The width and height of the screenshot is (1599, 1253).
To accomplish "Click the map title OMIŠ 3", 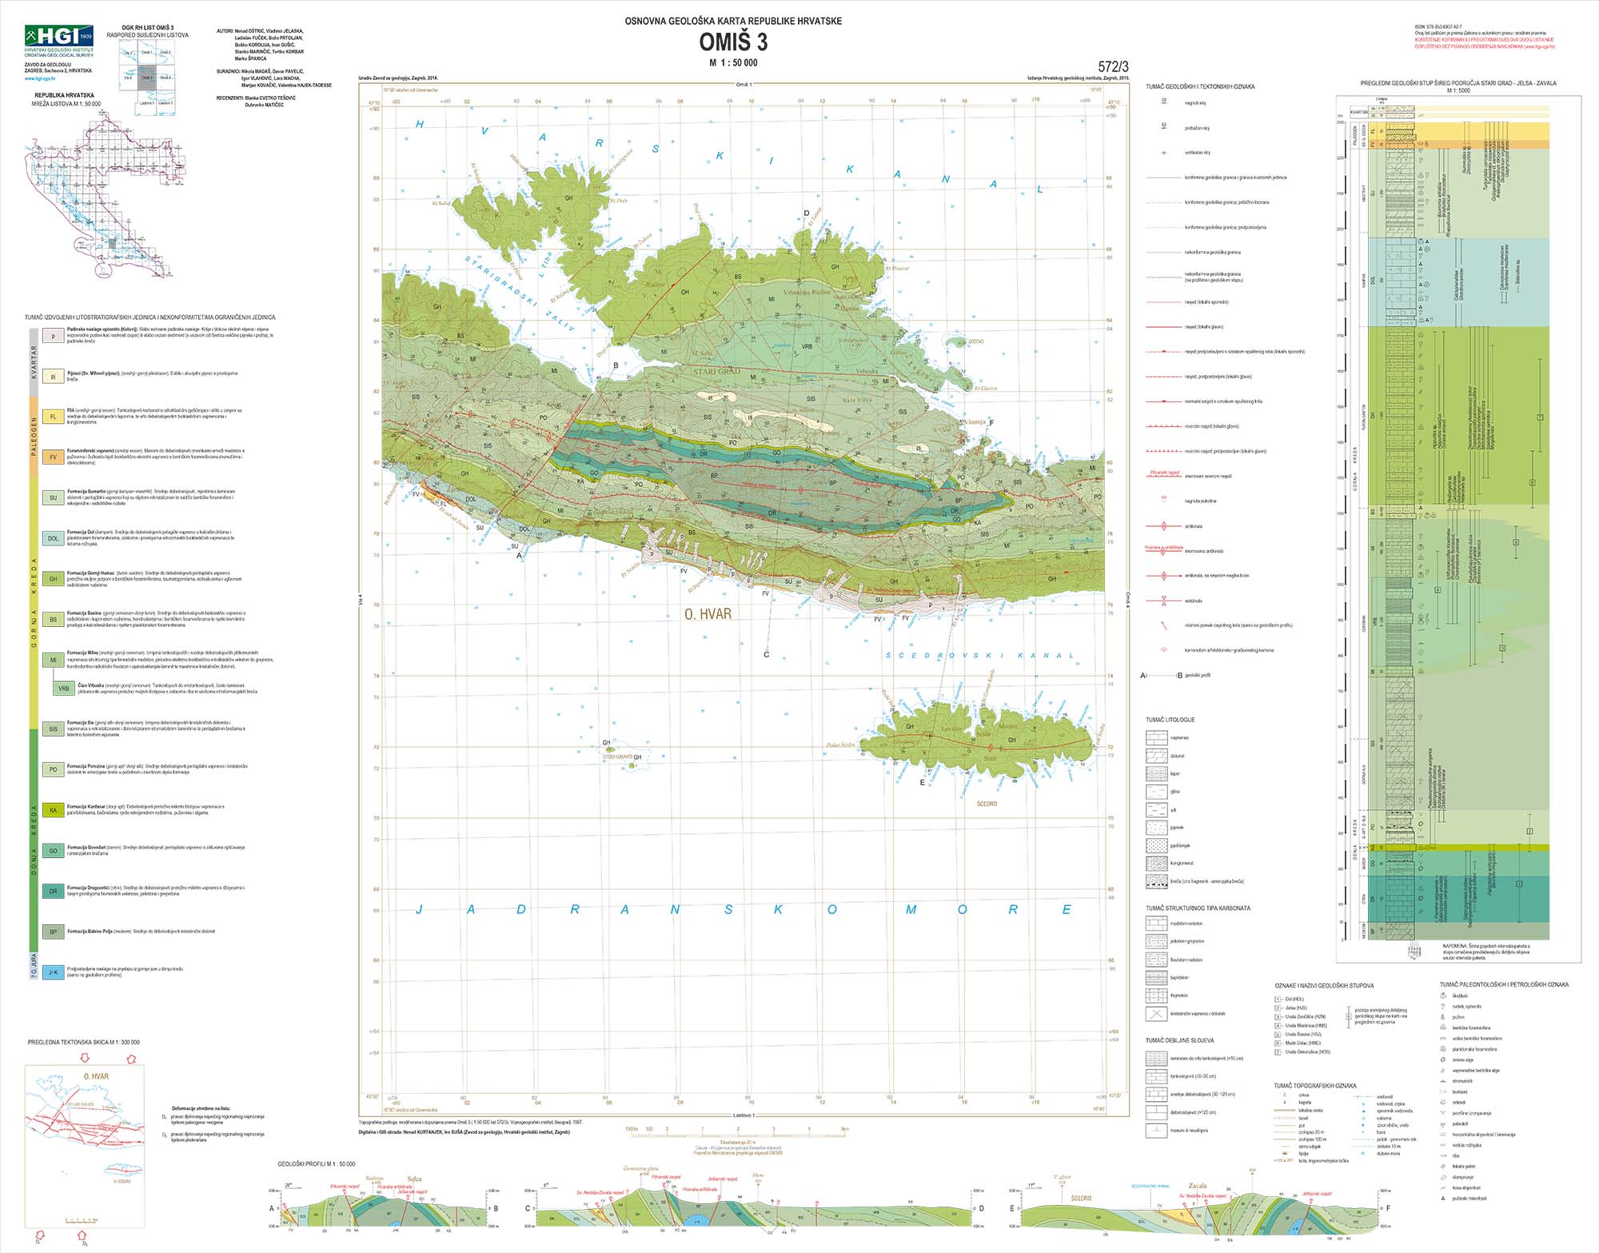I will tap(733, 42).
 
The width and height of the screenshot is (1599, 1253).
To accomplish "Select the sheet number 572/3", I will tap(1113, 67).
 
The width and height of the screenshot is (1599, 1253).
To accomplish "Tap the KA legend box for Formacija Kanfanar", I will tap(54, 810).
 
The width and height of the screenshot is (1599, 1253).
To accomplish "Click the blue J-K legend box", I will tap(54, 972).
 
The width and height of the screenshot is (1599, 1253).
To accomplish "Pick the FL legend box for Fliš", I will tap(54, 417).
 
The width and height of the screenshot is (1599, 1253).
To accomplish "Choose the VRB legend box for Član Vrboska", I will tap(64, 688).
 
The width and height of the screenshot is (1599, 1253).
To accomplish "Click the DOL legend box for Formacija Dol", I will tap(54, 538).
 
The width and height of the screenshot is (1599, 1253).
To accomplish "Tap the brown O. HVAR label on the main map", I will tap(708, 614).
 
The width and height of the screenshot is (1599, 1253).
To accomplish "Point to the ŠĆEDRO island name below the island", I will tap(987, 804).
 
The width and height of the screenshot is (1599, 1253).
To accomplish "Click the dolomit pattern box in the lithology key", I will tap(1155, 756).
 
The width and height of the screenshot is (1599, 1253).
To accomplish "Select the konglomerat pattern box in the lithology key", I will tap(1155, 864).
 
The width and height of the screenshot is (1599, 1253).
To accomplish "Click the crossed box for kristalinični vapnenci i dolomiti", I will tap(1155, 1014).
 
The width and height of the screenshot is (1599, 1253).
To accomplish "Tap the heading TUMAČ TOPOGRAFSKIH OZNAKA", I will tap(1315, 1086).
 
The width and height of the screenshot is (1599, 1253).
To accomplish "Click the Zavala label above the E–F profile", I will tap(1197, 1186).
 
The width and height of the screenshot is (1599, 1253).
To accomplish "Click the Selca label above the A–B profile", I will tap(414, 1179).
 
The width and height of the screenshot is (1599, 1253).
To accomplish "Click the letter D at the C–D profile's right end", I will tap(981, 1208).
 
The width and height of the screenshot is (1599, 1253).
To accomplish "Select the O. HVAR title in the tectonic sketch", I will tap(96, 1076).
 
